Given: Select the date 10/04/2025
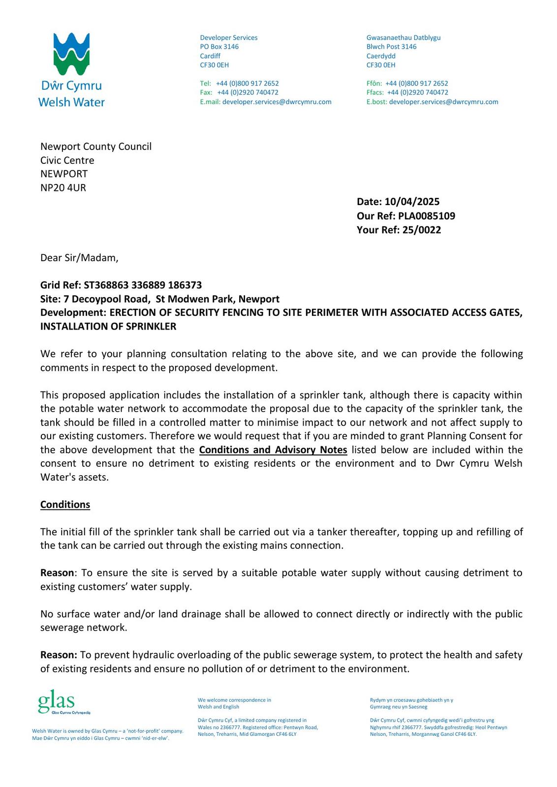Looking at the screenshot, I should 412,202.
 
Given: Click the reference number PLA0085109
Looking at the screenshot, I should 426,216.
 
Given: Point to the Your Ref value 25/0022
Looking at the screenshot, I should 421,230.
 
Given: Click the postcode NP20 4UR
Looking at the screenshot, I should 63,188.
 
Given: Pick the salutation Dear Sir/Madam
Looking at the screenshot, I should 79,258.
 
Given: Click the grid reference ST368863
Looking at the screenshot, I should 106,285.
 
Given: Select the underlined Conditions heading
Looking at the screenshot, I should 65,505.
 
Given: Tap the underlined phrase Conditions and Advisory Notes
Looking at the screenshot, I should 273,450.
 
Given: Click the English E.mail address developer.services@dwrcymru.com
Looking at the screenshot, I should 277,102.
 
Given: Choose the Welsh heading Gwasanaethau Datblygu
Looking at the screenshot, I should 403,38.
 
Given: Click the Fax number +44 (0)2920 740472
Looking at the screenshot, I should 248,92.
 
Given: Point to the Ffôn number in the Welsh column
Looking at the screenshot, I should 416,84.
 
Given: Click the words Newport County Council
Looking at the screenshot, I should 96,147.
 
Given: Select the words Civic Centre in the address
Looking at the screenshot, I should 67,160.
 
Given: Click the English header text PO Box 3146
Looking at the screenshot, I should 219,47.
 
